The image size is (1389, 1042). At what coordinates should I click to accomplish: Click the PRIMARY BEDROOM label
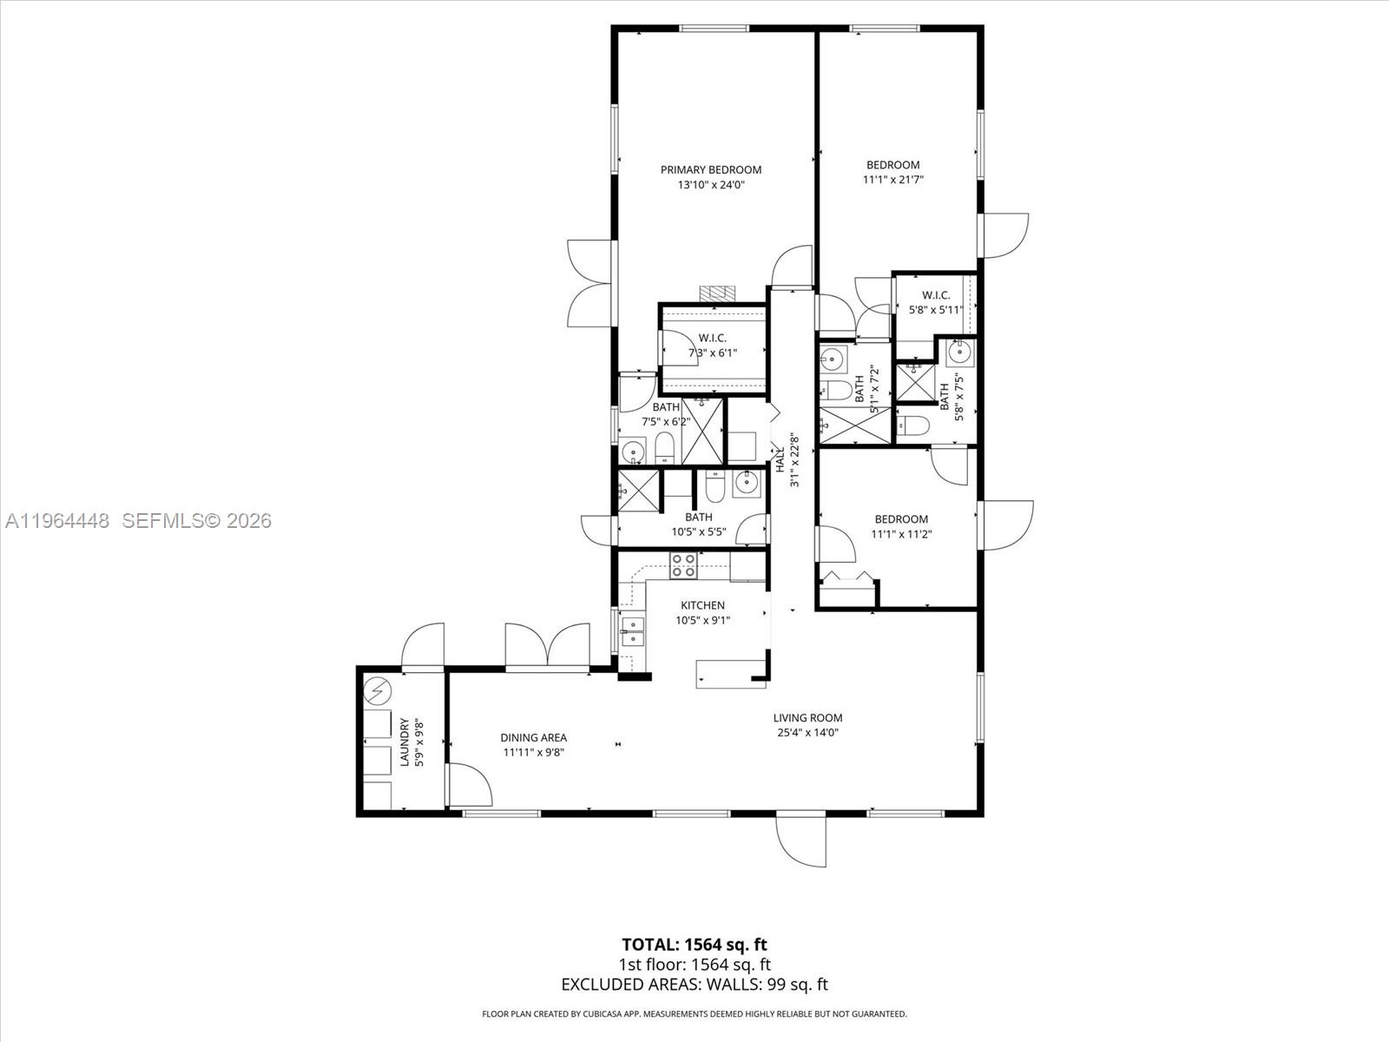point(710,170)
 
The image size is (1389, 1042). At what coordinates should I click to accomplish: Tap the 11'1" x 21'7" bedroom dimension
point(892,181)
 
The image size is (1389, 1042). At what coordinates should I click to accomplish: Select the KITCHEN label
point(701,605)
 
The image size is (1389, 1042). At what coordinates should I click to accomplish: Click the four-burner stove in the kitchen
point(683,565)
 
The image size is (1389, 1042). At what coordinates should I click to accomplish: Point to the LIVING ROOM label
point(807,718)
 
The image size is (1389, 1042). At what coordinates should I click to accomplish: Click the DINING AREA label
point(534,738)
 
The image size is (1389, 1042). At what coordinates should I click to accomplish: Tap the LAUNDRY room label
point(404,742)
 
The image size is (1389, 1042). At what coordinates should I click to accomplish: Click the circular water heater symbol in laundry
point(379,691)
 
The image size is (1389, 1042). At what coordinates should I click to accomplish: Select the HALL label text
point(780,459)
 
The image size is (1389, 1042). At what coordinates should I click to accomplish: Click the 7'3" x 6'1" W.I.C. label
point(712,353)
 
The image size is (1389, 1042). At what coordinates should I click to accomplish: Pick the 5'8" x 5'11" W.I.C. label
point(936,309)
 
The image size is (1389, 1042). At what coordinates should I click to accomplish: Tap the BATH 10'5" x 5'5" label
point(698,524)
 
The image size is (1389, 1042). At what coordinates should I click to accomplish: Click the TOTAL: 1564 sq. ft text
point(694,945)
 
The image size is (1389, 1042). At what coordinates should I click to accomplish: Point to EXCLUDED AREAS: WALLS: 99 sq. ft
point(694,984)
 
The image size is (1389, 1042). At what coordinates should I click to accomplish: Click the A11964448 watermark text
point(57,521)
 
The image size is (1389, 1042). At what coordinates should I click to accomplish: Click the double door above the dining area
point(547,647)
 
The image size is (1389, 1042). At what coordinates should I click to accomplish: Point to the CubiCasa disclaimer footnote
point(694,1013)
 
